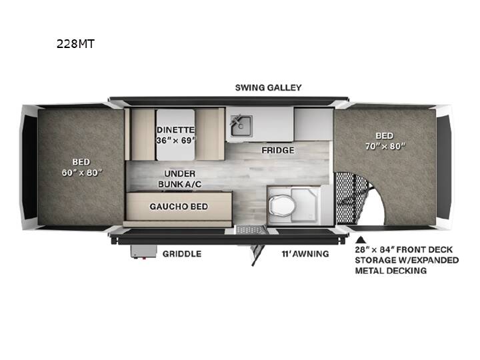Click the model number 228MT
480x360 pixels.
[75, 44]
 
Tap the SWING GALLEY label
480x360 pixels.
[268, 87]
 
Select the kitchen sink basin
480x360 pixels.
[241, 126]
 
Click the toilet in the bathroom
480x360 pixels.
[281, 205]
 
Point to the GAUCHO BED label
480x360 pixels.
[179, 207]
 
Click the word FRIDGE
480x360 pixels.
[277, 150]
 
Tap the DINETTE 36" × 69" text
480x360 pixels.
[176, 135]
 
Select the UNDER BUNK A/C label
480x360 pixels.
[180, 179]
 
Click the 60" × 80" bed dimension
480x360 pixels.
[82, 173]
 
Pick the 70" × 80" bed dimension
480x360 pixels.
[385, 146]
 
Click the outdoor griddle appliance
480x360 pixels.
[143, 251]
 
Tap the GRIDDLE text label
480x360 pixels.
[182, 254]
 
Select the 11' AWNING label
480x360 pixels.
[305, 254]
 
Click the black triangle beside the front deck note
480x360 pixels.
[361, 239]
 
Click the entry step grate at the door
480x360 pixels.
[251, 229]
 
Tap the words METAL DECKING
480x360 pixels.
[391, 271]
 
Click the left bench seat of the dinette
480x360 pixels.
[143, 135]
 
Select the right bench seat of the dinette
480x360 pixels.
[207, 135]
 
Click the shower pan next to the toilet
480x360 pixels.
[305, 205]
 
